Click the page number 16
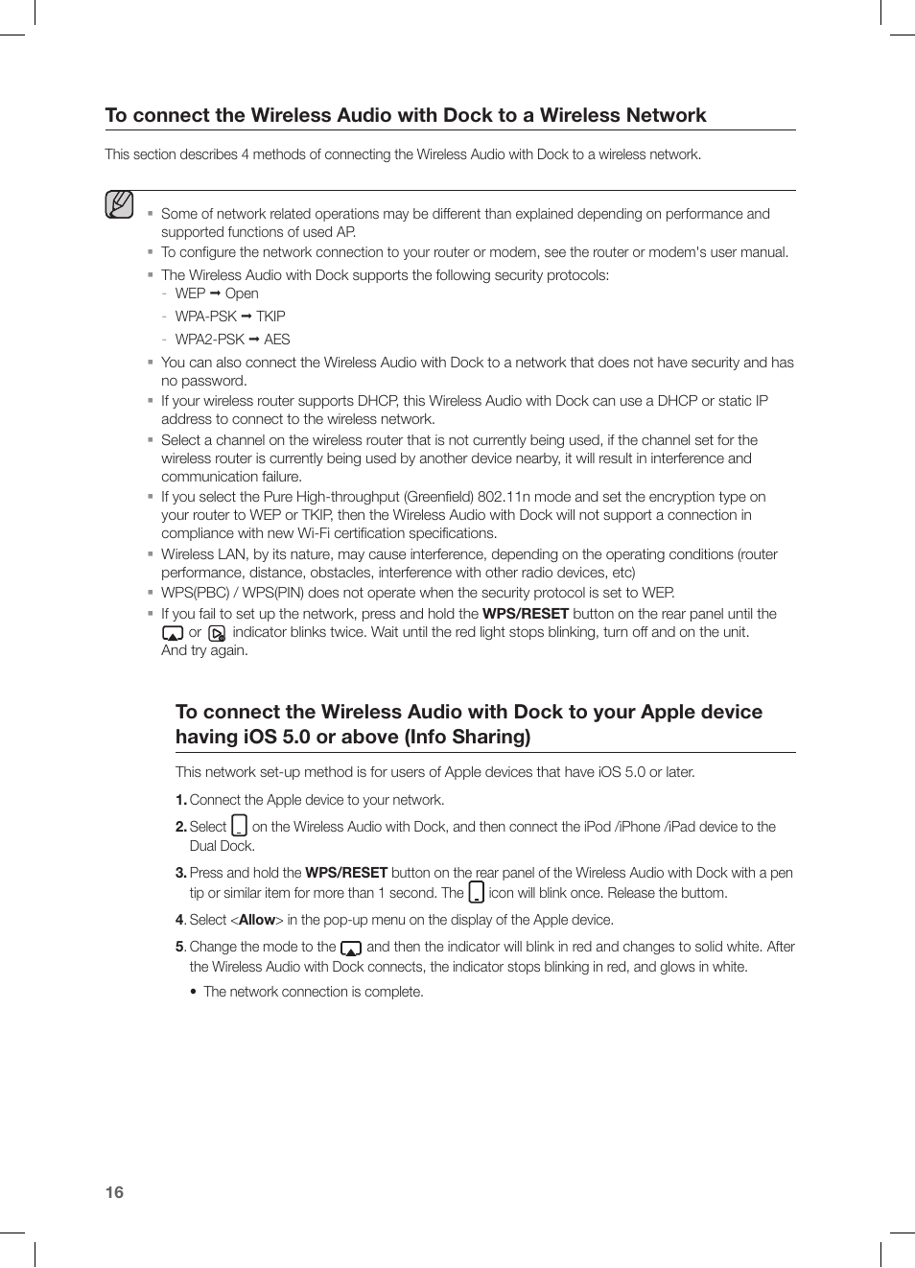pyautogui.click(x=114, y=1192)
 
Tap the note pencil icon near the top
pyautogui.click(x=119, y=205)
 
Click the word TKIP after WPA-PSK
pyautogui.click(x=270, y=317)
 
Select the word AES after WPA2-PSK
pyautogui.click(x=276, y=340)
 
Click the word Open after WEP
pyautogui.click(x=242, y=294)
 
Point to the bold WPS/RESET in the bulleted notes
pyautogui.click(x=525, y=614)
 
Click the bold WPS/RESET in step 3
pyautogui.click(x=346, y=873)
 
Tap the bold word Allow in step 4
pyautogui.click(x=256, y=920)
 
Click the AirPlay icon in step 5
pyautogui.click(x=351, y=948)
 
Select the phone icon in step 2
pyautogui.click(x=240, y=826)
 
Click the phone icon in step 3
pyautogui.click(x=476, y=893)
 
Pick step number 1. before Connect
pyautogui.click(x=180, y=800)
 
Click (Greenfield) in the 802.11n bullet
pyautogui.click(x=438, y=497)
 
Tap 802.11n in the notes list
pyautogui.click(x=504, y=497)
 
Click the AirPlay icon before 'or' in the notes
pyautogui.click(x=173, y=633)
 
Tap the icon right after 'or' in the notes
pyautogui.click(x=217, y=633)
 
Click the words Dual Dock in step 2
pyautogui.click(x=221, y=846)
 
